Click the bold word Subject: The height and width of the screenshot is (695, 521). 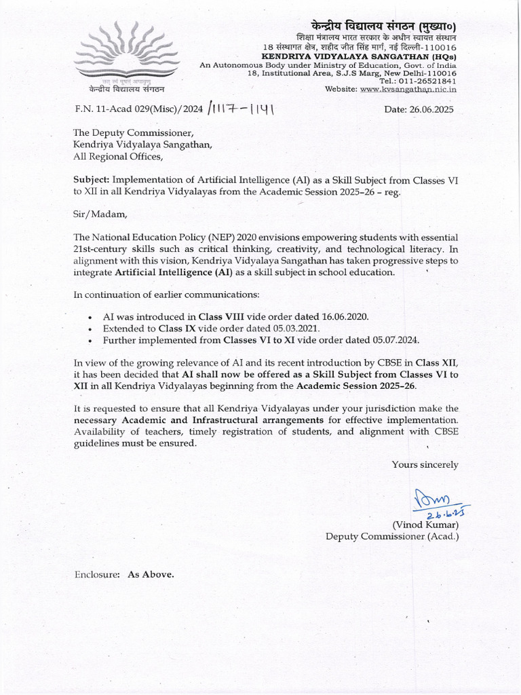[x=92, y=180]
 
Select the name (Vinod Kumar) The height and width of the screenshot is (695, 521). [x=425, y=525]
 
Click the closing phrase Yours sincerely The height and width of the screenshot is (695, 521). [x=425, y=465]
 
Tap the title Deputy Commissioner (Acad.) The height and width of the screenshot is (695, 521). [x=392, y=536]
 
